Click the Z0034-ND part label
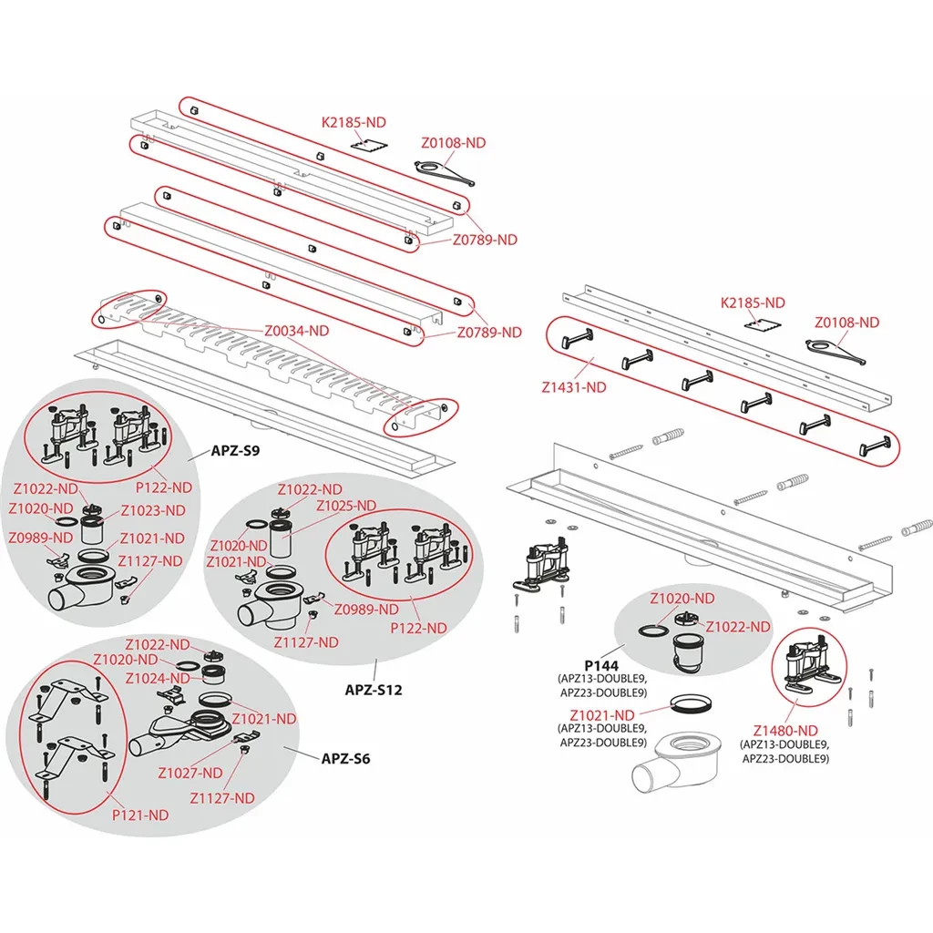click(296, 332)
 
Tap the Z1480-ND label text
click(784, 730)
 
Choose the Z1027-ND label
click(190, 773)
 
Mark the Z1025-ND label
click(345, 506)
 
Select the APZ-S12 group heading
click(373, 690)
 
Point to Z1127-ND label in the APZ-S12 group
click(305, 641)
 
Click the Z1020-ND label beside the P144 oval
click(682, 599)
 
